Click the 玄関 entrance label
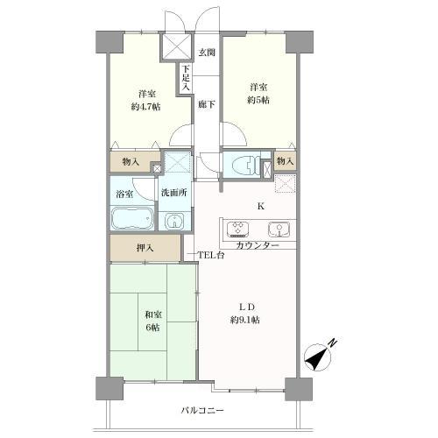(x=205, y=53)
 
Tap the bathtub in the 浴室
(x=132, y=220)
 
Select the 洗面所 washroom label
(x=172, y=193)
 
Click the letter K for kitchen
(x=259, y=207)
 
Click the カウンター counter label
(x=258, y=245)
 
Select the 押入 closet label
(x=145, y=249)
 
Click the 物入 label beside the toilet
(x=284, y=162)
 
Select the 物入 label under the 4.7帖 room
(x=131, y=162)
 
